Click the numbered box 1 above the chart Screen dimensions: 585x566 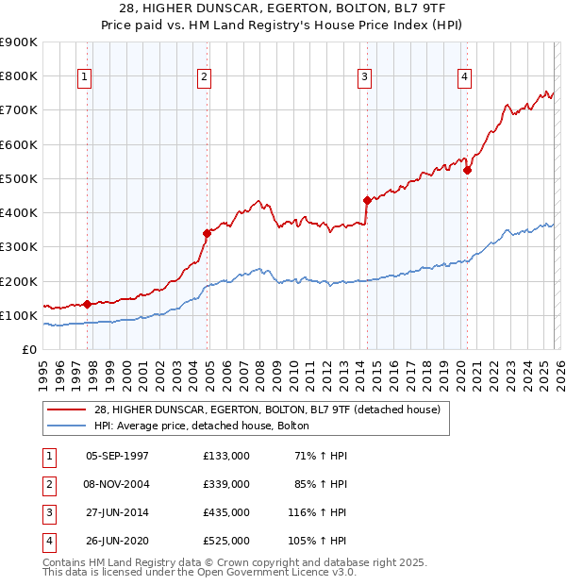pos(85,78)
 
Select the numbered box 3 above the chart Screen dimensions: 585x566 pos(364,78)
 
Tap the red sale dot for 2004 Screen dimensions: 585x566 pos(207,233)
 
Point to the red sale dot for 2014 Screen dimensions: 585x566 pos(367,200)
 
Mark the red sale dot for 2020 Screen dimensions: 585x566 pos(467,170)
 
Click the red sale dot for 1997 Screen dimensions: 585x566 pos(87,304)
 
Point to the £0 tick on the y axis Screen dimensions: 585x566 pos(29,350)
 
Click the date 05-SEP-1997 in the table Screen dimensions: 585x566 pos(117,456)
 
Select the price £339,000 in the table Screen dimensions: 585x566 pos(225,484)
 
